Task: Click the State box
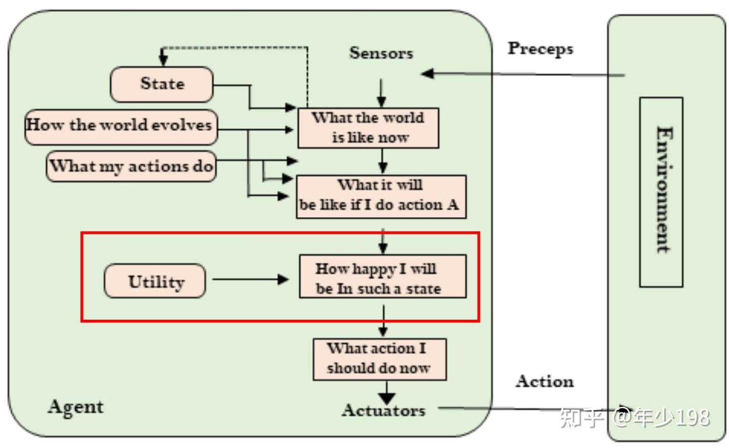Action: [x=162, y=84]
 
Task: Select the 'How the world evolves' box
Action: [x=121, y=127]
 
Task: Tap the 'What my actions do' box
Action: [x=131, y=166]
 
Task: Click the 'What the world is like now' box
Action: [x=368, y=128]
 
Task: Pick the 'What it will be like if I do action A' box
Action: [x=381, y=197]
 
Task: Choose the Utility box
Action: [x=155, y=281]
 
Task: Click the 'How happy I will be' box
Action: [x=383, y=276]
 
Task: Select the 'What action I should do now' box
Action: [x=380, y=359]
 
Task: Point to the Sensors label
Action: [x=381, y=53]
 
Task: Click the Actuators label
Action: [x=384, y=410]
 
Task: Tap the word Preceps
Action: [x=541, y=49]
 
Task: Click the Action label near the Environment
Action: [x=545, y=381]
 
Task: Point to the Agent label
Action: [x=75, y=407]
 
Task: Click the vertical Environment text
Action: [x=664, y=190]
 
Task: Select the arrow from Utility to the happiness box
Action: [x=250, y=279]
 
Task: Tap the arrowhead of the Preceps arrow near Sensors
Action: [x=428, y=73]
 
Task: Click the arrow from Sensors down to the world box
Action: [x=381, y=93]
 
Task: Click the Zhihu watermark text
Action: [x=635, y=418]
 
